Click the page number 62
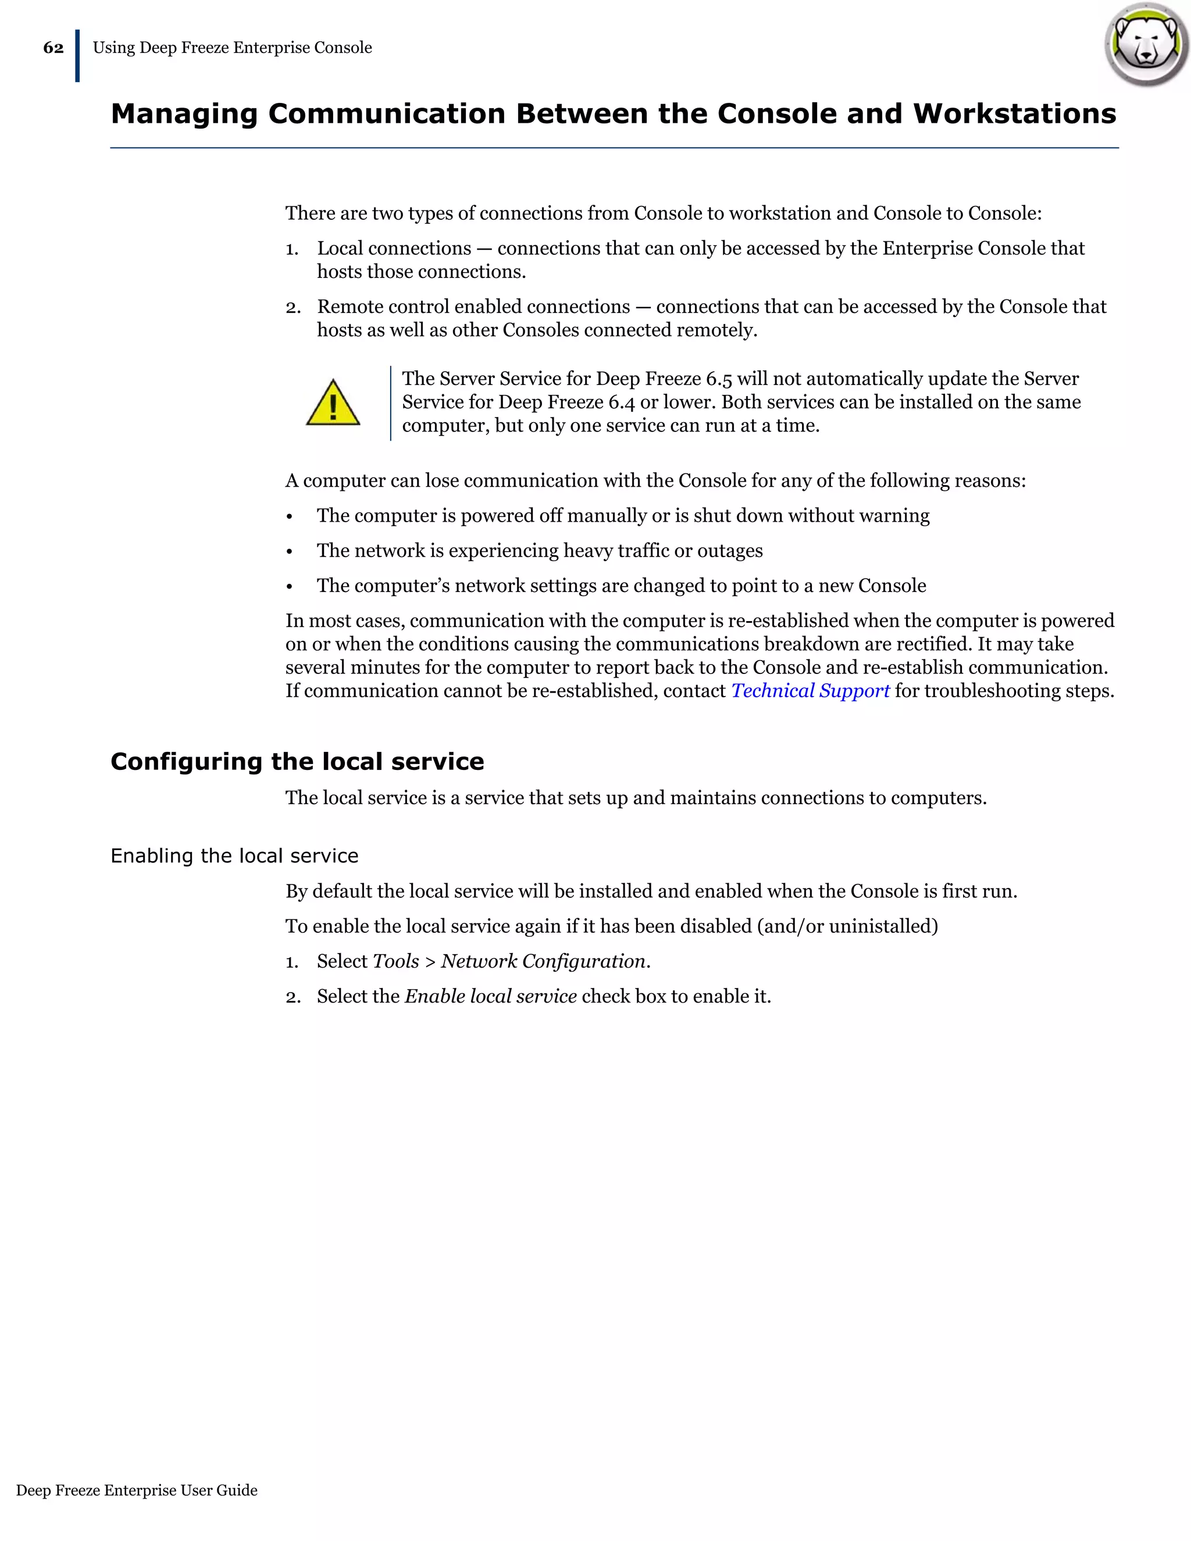click(x=53, y=48)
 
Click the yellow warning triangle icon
click(x=333, y=404)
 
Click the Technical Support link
click(x=810, y=691)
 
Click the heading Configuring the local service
click(x=297, y=761)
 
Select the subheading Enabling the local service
click(x=234, y=856)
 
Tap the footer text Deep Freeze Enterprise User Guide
click(x=137, y=1490)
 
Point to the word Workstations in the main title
click(x=1015, y=113)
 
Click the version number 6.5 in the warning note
click(x=718, y=379)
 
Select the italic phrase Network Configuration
click(x=543, y=961)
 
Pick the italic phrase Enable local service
click(x=490, y=996)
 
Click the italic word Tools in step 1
click(x=396, y=961)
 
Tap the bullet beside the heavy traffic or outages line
click(x=289, y=552)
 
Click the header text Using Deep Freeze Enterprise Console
click(x=232, y=48)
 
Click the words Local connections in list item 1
click(x=394, y=248)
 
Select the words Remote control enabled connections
click(x=473, y=307)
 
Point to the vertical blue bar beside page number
click(x=77, y=56)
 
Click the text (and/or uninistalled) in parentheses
click(x=847, y=926)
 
